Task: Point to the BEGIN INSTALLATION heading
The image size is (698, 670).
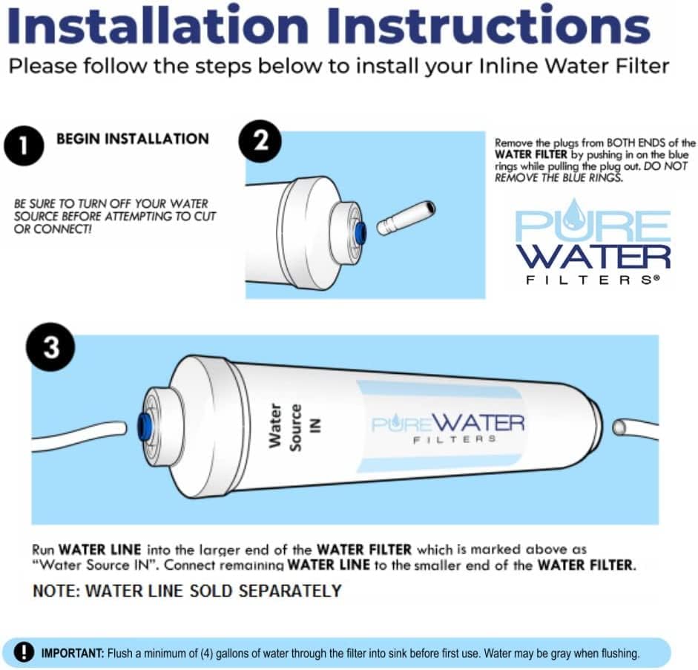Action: pos(133,139)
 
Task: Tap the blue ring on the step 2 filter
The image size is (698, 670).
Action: pos(360,231)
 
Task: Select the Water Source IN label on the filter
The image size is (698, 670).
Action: pos(286,424)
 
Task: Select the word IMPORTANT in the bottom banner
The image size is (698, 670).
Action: pos(73,654)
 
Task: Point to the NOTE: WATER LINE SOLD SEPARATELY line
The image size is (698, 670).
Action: pos(187,591)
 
